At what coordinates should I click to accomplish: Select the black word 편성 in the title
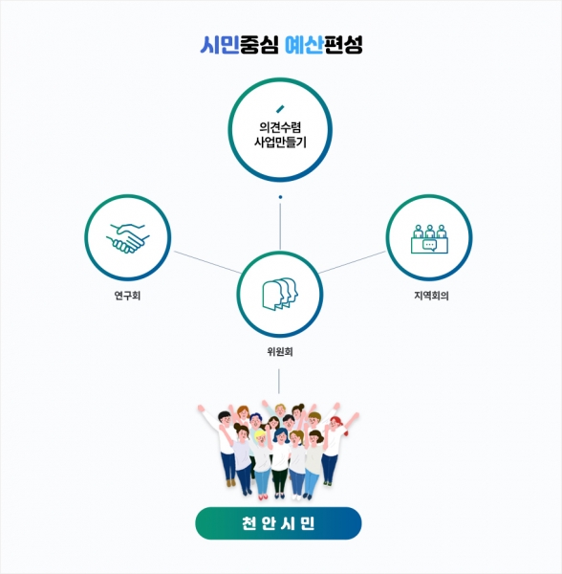(x=343, y=45)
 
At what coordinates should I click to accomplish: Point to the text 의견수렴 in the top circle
(x=280, y=127)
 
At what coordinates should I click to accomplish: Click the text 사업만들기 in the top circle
(x=280, y=142)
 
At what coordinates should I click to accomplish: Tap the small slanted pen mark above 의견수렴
(x=280, y=109)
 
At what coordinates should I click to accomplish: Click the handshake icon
(x=128, y=238)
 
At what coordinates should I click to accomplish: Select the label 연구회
(x=127, y=295)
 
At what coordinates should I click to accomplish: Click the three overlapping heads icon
(x=280, y=294)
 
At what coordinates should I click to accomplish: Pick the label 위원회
(x=280, y=351)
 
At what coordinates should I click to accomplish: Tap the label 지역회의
(x=431, y=295)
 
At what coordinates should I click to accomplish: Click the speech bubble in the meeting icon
(x=430, y=245)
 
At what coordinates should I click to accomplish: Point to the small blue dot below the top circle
(x=280, y=197)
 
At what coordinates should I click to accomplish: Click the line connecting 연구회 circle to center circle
(x=207, y=262)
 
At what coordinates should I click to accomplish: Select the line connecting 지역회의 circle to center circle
(x=352, y=262)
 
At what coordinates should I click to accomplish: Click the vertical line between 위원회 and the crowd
(x=279, y=381)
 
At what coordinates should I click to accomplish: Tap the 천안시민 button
(x=278, y=523)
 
